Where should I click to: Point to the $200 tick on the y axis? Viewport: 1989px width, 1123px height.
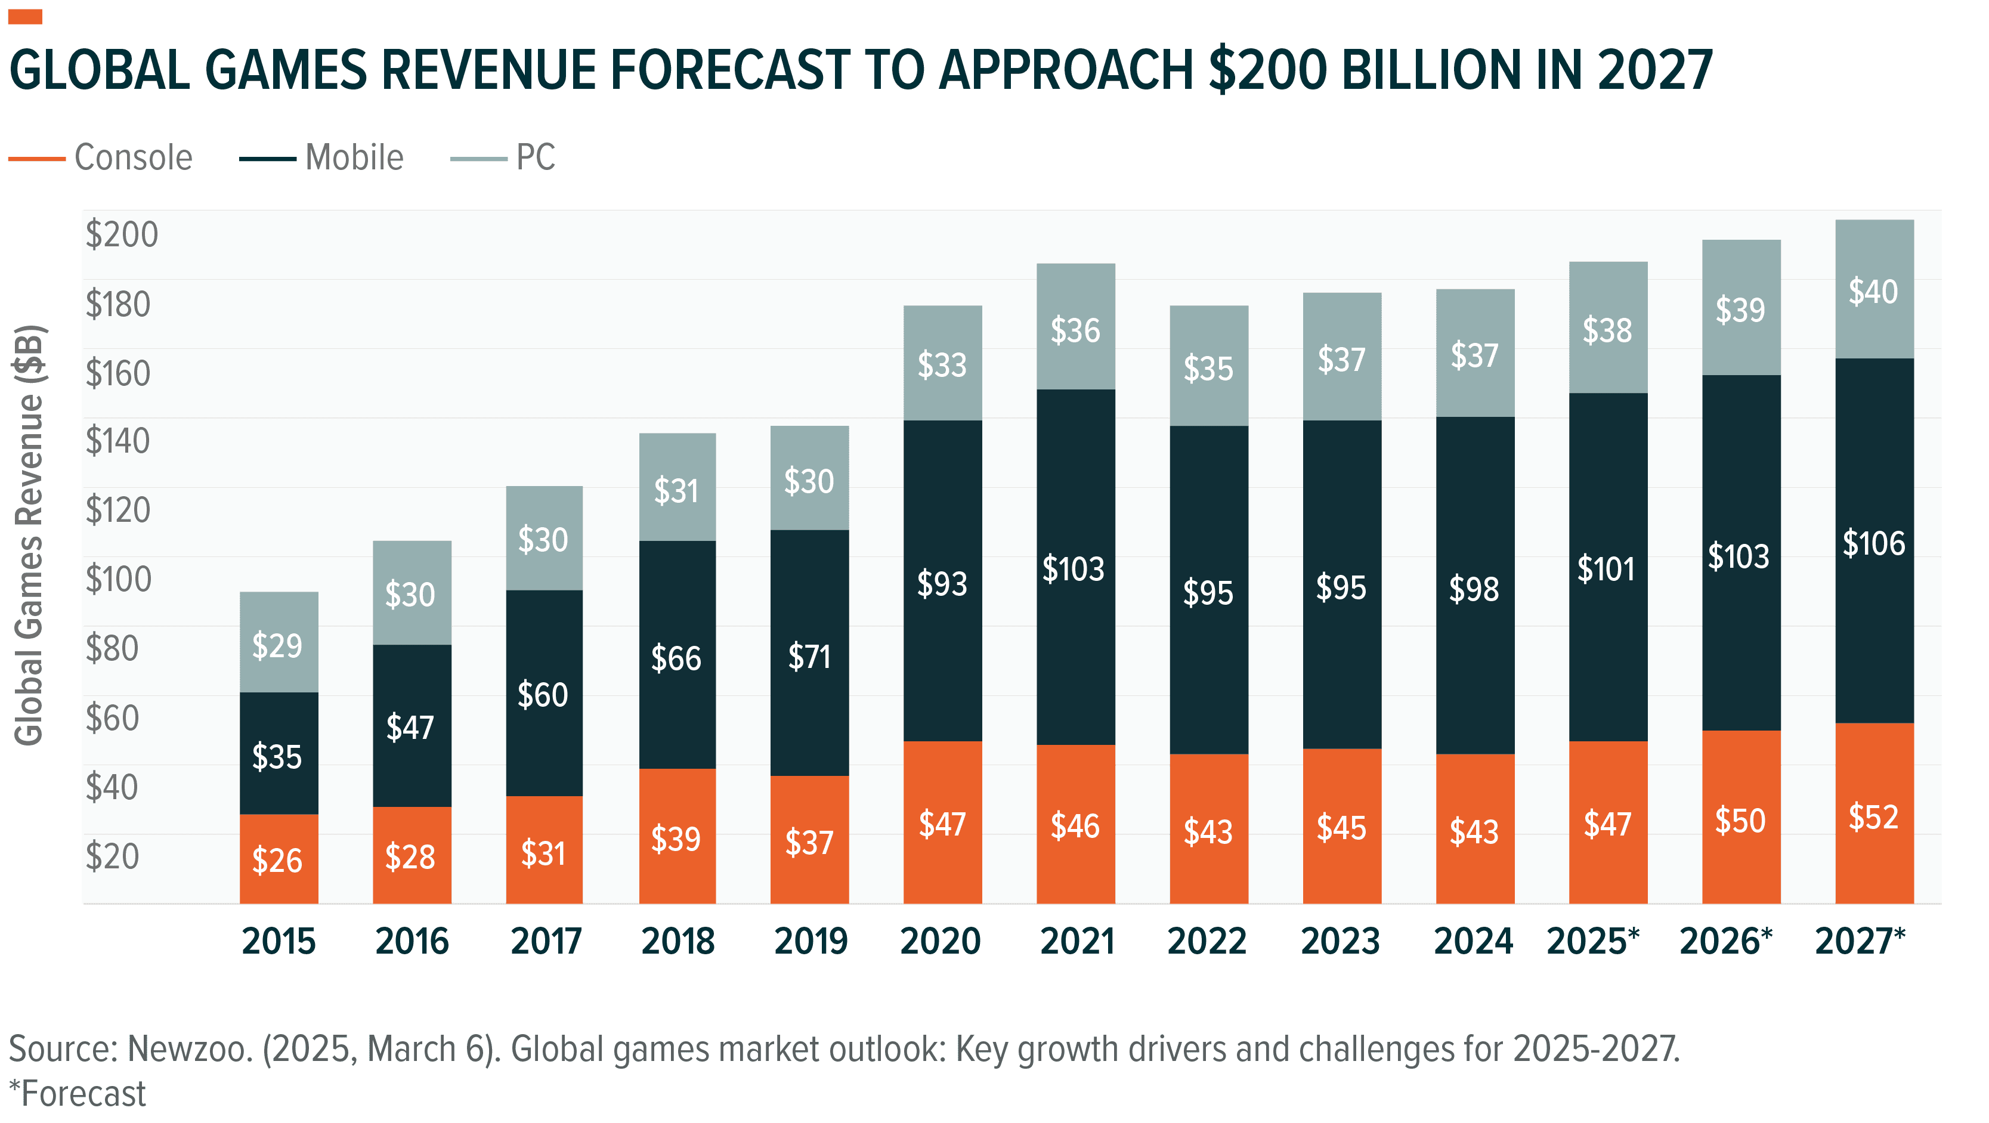121,234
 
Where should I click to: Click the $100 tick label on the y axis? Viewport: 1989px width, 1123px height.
118,579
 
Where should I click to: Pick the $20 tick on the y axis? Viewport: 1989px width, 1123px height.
113,856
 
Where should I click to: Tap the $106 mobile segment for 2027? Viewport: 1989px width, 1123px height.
1873,543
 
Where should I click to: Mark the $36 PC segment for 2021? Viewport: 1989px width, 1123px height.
1075,330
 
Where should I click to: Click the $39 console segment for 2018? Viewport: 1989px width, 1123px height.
676,839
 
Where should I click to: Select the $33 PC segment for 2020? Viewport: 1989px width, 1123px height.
942,364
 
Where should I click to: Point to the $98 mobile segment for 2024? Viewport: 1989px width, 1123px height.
1473,589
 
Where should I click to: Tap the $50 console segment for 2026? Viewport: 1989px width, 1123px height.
1740,820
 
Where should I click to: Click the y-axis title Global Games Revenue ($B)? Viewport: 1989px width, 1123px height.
29,535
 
